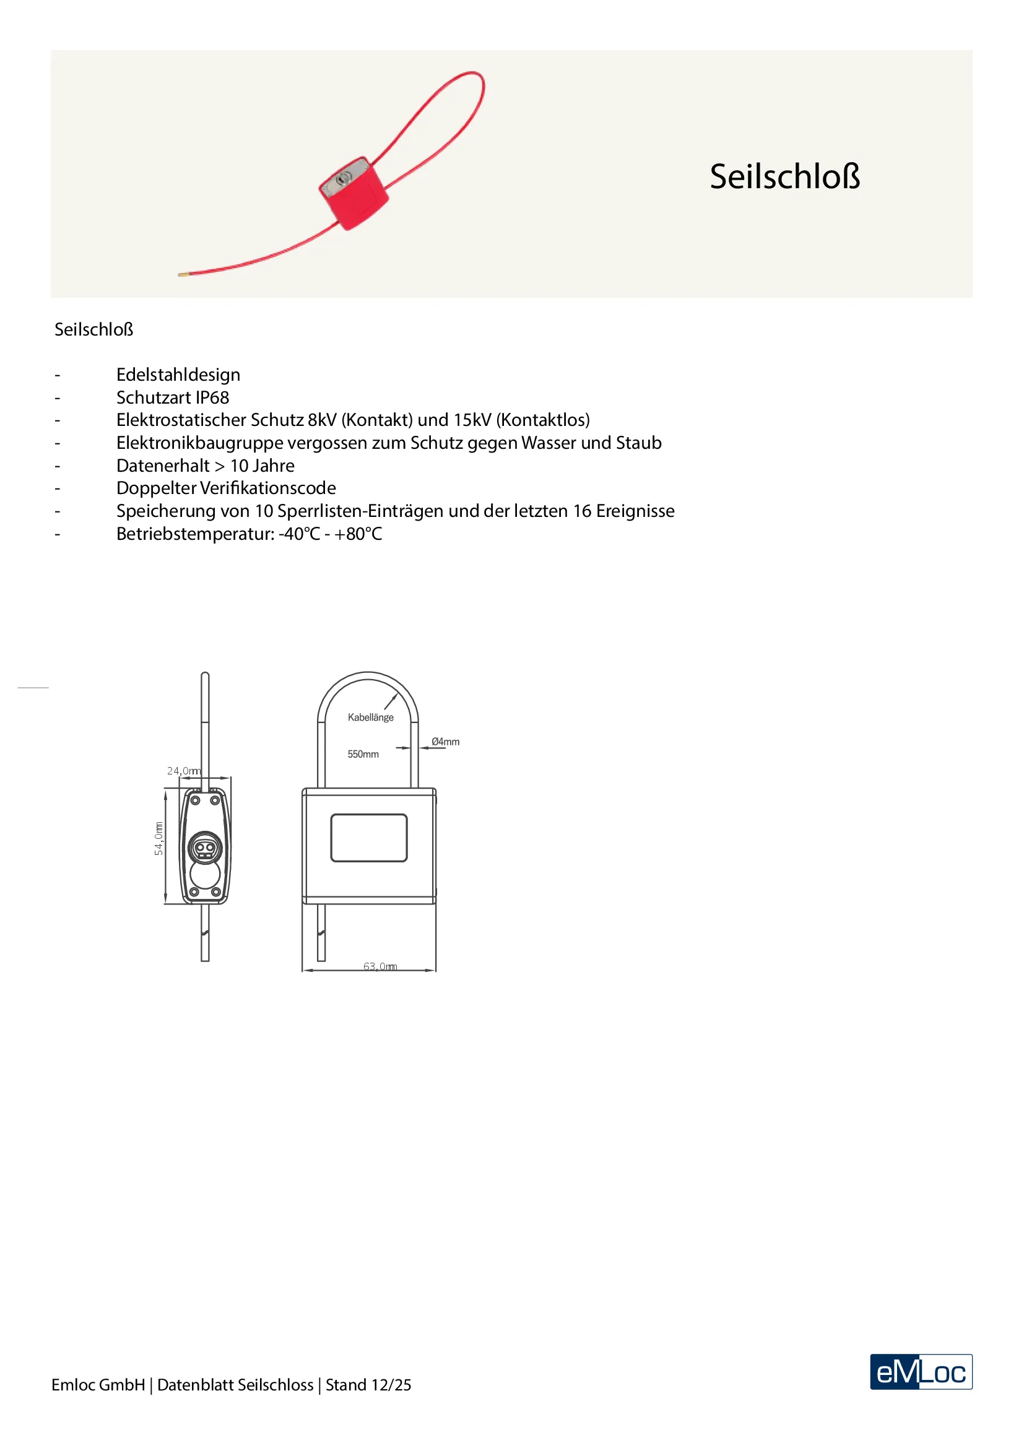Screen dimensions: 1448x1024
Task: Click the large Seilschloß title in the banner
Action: [x=784, y=176]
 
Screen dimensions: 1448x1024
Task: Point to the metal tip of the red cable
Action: [x=181, y=274]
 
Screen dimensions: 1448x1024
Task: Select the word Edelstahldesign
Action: [x=178, y=375]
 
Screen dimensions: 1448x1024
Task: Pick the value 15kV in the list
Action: [x=472, y=420]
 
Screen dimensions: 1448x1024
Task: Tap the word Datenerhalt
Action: [x=163, y=466]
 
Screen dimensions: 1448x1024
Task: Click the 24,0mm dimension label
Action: [x=183, y=771]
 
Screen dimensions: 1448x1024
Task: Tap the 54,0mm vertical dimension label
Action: [x=159, y=838]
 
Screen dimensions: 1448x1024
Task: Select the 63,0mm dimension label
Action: [x=380, y=967]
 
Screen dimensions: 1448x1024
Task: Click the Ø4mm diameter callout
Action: [x=446, y=742]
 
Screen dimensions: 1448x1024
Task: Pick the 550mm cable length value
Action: [x=363, y=754]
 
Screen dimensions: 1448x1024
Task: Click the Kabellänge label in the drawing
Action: [x=371, y=717]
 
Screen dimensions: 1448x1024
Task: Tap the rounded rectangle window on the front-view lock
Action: [x=369, y=838]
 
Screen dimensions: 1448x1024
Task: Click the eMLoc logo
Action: [x=921, y=1372]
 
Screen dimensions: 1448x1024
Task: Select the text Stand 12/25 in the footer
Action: [x=368, y=1385]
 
